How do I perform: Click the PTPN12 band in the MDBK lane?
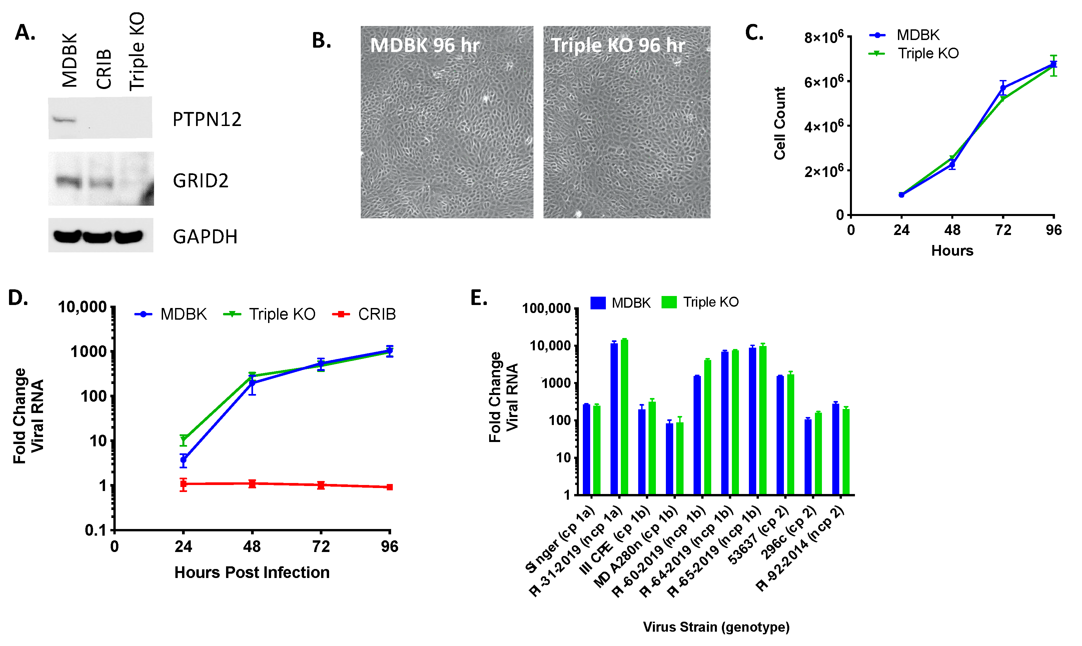[64, 119]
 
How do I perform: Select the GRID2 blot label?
[200, 181]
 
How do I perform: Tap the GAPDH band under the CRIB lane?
[97, 237]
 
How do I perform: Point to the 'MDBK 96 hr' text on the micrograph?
[424, 45]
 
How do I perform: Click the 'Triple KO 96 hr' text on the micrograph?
[618, 45]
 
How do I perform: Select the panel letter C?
[754, 33]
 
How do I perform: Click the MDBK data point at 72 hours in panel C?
[1003, 88]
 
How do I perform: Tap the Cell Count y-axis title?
[779, 123]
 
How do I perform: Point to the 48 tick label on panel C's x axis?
[952, 230]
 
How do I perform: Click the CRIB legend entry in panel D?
[364, 314]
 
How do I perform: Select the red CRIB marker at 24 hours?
[183, 484]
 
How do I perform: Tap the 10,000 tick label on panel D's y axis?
[82, 307]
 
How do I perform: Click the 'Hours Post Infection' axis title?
[252, 572]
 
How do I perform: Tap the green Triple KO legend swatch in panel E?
[669, 302]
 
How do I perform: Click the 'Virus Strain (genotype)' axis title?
[716, 627]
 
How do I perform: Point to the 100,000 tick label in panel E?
[546, 308]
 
